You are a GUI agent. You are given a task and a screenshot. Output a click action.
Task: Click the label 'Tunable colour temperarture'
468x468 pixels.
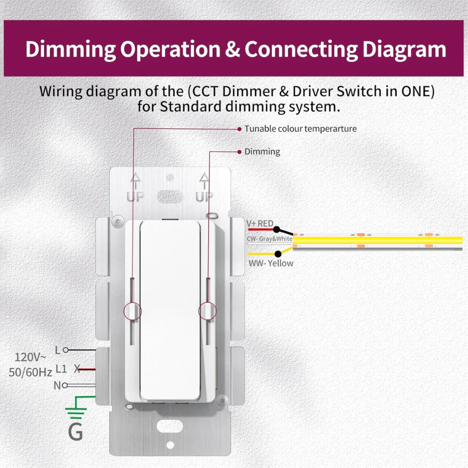(300, 128)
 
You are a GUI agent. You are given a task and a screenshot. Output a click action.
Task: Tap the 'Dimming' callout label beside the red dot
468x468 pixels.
(262, 152)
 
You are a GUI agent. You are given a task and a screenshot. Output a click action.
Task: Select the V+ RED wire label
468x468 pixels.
(259, 224)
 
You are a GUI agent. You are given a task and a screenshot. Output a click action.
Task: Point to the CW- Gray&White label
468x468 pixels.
(269, 239)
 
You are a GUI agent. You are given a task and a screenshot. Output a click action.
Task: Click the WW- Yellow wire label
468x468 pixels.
(270, 263)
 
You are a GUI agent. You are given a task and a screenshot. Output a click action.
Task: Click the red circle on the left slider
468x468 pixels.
(133, 310)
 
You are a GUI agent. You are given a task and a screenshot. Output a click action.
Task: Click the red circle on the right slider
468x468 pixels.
(207, 310)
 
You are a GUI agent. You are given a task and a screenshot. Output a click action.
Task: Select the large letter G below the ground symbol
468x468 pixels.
(75, 432)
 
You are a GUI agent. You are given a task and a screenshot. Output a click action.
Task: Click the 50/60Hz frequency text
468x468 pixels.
(30, 372)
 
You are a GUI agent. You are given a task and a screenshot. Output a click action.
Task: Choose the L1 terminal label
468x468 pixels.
(61, 369)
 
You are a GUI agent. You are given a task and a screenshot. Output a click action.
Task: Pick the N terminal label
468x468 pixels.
(57, 385)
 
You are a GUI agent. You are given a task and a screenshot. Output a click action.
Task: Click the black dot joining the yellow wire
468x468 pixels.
(278, 254)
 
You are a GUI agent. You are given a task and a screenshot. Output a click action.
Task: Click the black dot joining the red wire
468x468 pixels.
(276, 230)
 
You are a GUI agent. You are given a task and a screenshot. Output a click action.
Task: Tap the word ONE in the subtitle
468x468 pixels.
(415, 92)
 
